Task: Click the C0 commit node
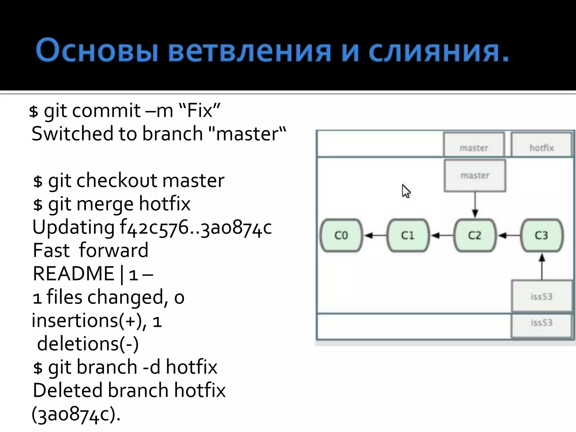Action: [x=341, y=235]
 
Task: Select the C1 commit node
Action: [x=408, y=235]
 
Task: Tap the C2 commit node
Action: [x=475, y=235]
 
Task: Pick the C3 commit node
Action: [x=542, y=235]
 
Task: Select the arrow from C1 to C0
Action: [x=375, y=235]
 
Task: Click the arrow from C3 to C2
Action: [x=508, y=235]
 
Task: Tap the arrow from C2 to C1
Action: [x=442, y=235]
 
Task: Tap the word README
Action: [x=73, y=274]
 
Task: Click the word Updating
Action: [x=73, y=227]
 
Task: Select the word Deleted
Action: [x=67, y=390]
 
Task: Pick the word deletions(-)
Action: [x=88, y=344]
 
